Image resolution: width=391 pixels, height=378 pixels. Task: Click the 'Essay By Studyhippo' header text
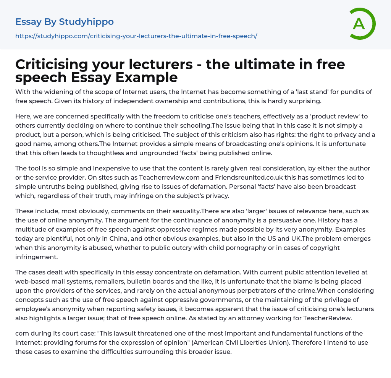pos(65,22)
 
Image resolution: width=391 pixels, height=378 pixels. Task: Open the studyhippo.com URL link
pos(136,36)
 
